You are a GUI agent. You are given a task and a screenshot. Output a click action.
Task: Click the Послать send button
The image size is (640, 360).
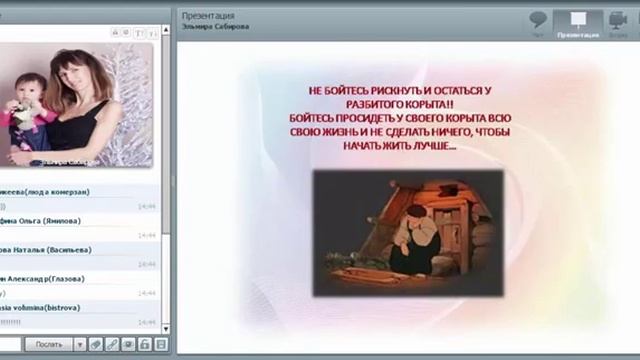pos(49,344)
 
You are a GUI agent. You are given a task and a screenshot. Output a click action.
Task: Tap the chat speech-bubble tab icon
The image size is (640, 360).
pos(538,21)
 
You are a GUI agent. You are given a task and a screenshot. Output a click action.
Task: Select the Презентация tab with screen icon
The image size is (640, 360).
pos(577,22)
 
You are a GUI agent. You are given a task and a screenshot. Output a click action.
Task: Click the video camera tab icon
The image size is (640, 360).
pos(617,22)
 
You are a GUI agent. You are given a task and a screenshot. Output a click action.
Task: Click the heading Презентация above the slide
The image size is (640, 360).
pos(208,16)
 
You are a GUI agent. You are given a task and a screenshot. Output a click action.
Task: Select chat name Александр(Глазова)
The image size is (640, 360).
pos(45,278)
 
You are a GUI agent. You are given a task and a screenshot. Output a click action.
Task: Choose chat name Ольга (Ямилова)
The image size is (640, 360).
pos(45,220)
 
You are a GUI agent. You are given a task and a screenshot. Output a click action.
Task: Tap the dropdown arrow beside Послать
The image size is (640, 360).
pos(80,344)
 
